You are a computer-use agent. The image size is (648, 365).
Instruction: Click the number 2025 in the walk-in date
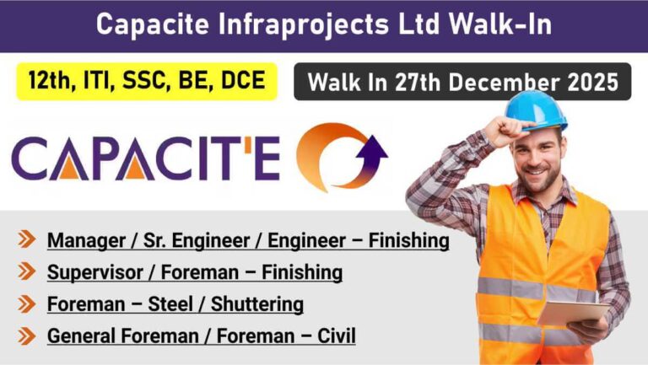(x=590, y=82)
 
